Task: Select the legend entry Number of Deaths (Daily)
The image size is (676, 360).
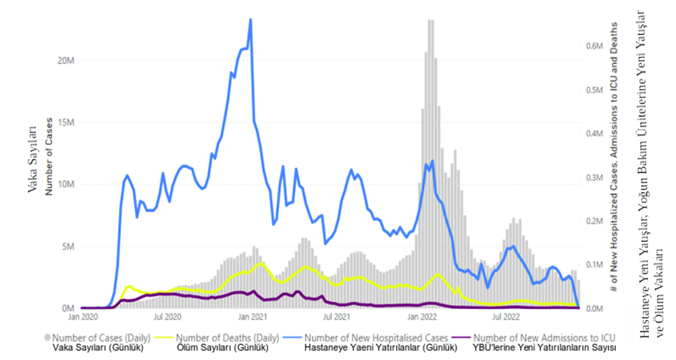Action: pyautogui.click(x=227, y=336)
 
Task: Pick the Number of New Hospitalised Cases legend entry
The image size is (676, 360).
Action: pyautogui.click(x=376, y=336)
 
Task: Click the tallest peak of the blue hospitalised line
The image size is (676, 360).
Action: pyautogui.click(x=250, y=20)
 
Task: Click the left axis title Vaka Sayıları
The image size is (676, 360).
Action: pyautogui.click(x=32, y=157)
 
